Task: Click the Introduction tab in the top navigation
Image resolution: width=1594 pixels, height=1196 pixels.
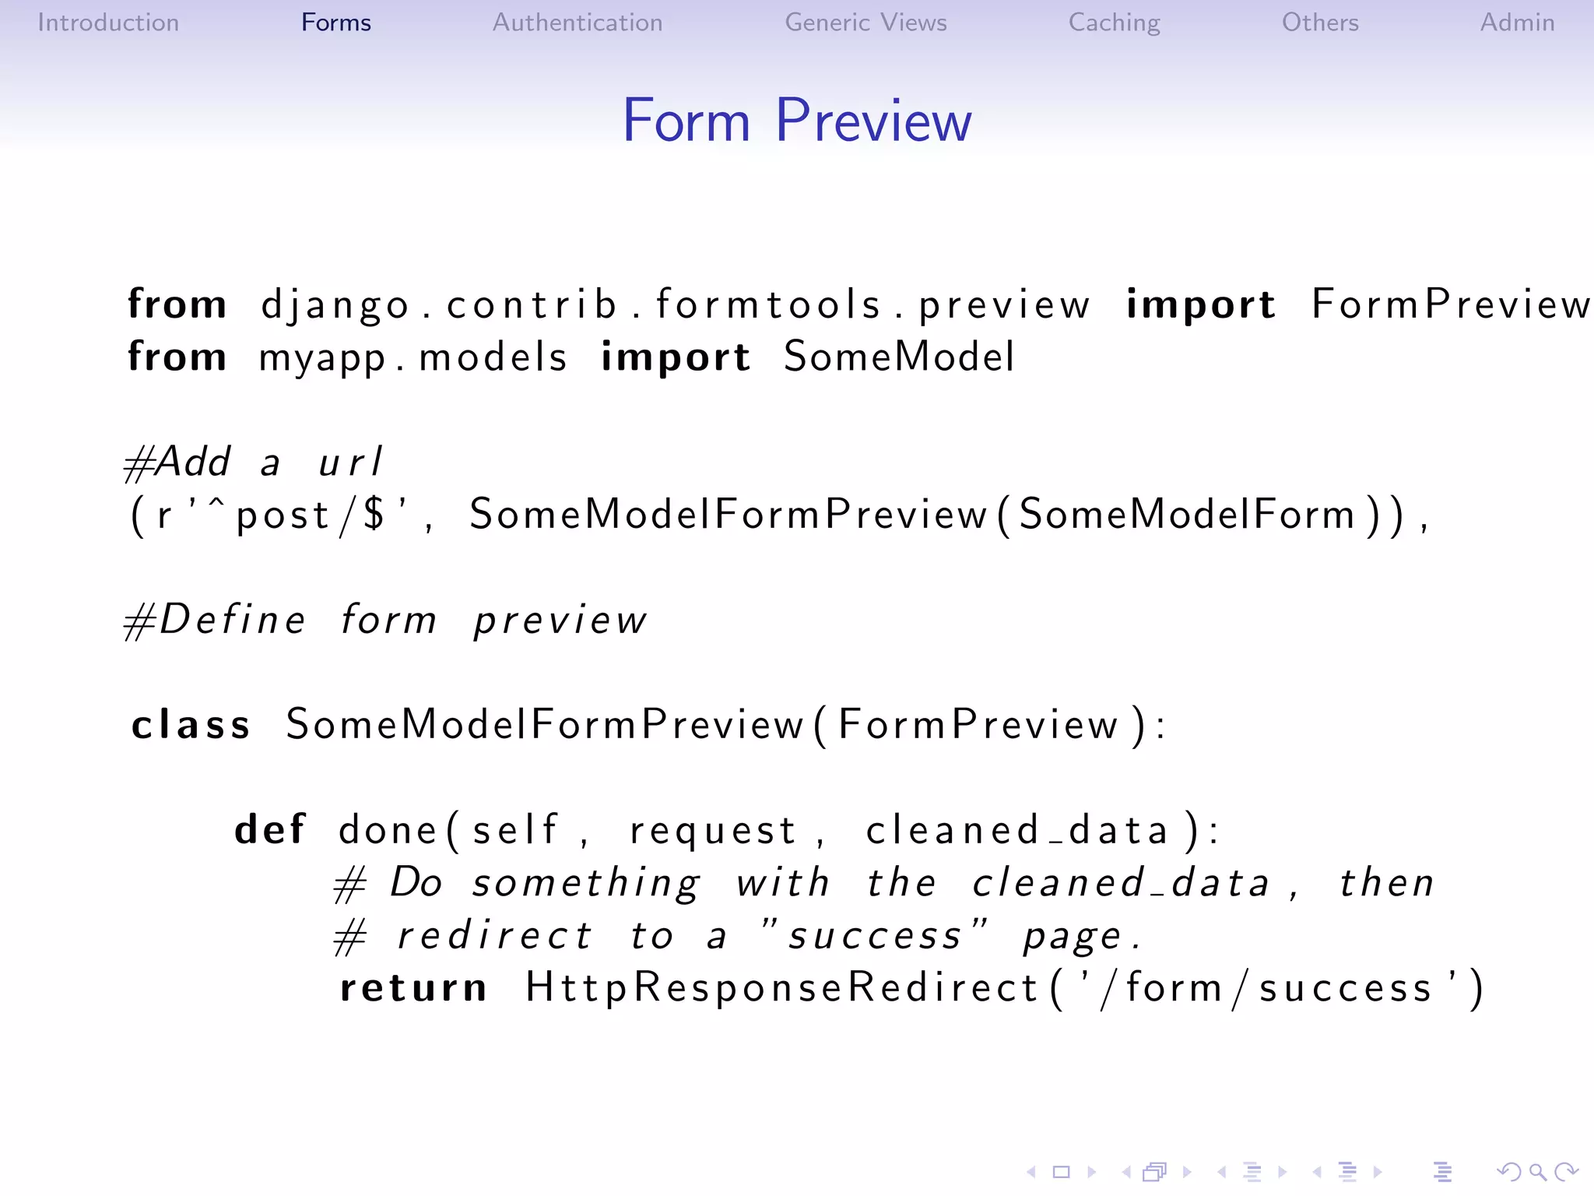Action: pos(108,23)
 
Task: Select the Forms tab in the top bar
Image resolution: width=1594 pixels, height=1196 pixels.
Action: pos(335,23)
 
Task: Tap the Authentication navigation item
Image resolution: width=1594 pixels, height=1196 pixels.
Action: pos(577,23)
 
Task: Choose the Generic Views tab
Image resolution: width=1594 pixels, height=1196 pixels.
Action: pos(865,23)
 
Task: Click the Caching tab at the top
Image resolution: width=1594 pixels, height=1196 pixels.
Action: pos(1114,23)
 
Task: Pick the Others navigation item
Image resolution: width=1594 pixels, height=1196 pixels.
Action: pos(1320,23)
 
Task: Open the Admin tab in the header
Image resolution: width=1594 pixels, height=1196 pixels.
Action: pos(1517,23)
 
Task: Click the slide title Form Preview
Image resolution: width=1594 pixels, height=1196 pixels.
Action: pos(797,121)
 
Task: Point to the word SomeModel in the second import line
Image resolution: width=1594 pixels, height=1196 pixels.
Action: pos(899,357)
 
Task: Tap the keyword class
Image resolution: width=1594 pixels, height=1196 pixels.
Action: pos(191,725)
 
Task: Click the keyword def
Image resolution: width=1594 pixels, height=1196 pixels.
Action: pos(270,829)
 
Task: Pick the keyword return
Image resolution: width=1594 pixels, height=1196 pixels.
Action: pos(413,987)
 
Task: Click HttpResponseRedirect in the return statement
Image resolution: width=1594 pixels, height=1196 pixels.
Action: pos(781,987)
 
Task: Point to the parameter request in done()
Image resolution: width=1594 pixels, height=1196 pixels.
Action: pos(713,830)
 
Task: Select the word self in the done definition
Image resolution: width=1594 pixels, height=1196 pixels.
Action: pos(515,829)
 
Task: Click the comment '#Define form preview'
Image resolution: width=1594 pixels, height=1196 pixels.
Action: pos(386,621)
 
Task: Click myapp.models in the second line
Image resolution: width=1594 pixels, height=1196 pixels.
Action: pos(413,357)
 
